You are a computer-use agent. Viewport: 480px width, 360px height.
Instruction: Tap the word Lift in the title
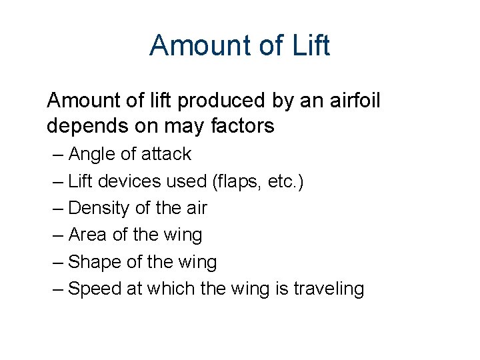311,45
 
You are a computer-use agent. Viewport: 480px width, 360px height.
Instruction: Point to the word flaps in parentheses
233,181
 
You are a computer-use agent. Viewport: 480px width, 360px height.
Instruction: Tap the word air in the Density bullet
195,208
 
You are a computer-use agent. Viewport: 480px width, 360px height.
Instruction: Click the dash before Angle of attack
58,155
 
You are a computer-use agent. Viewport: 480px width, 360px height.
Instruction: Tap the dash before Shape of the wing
58,262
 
